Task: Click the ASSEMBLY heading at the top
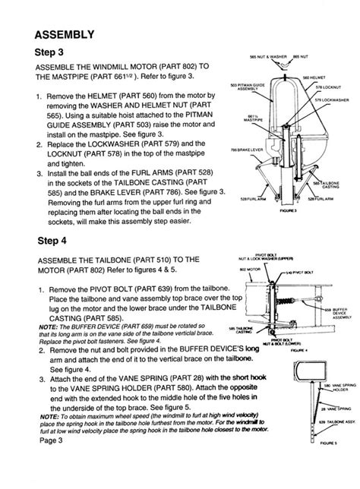pos(65,34)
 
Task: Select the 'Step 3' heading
pos(52,53)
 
